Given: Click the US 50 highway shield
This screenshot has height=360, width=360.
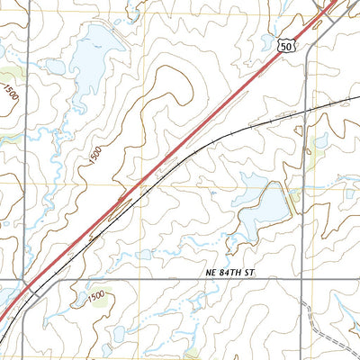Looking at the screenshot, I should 285,46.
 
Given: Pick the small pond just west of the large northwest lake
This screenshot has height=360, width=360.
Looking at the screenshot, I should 57,67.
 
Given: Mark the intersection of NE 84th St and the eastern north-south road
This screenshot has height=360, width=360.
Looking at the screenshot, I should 304,279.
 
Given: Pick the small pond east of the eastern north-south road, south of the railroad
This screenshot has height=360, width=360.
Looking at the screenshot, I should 322,141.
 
